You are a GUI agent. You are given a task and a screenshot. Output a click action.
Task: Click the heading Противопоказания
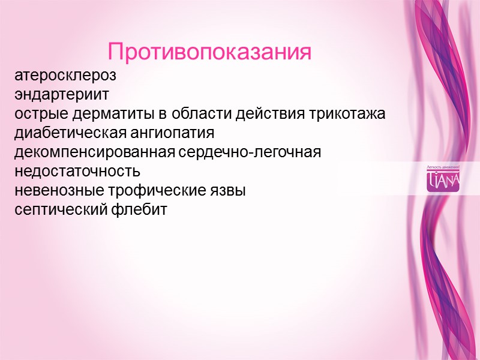pos(210,52)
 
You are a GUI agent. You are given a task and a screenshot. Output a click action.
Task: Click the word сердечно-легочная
pos(251,152)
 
